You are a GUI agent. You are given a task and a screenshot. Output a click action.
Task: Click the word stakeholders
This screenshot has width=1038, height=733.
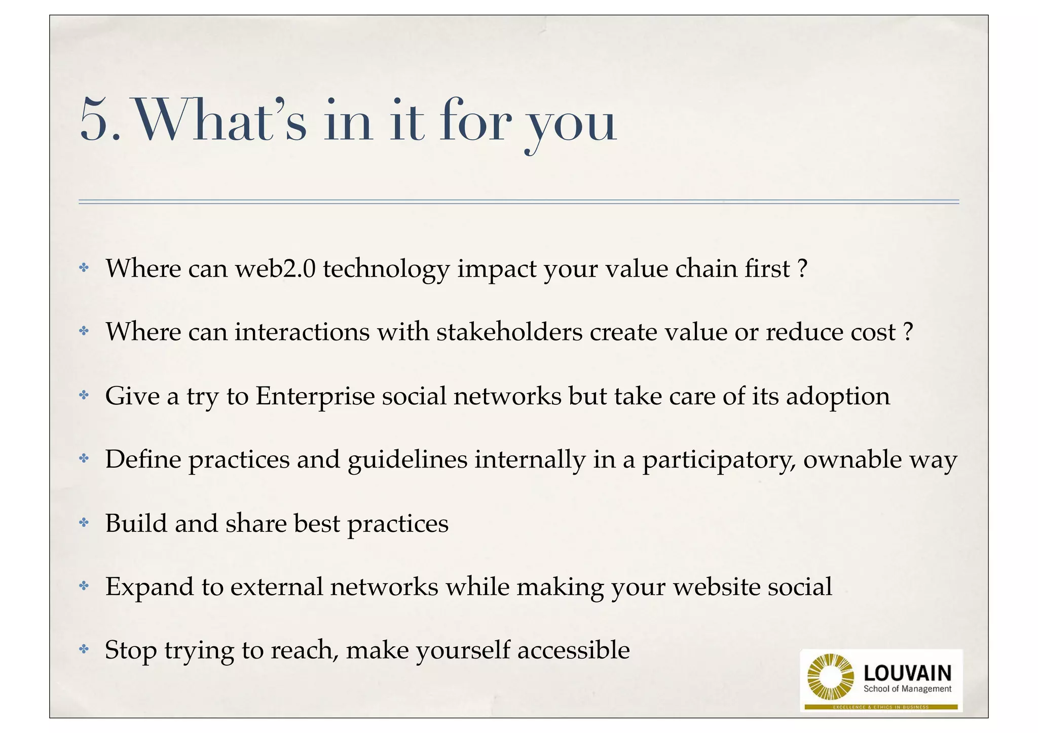pos(509,332)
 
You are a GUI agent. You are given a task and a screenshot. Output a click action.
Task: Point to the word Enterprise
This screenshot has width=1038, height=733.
pos(315,396)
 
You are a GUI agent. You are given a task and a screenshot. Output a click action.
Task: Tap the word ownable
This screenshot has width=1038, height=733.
pos(851,459)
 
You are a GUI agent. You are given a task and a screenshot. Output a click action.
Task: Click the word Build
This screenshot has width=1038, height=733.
pos(136,523)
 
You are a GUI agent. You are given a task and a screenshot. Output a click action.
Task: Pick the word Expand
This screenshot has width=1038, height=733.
pos(149,588)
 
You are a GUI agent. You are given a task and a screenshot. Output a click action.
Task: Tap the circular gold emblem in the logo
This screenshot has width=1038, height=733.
pos(830,677)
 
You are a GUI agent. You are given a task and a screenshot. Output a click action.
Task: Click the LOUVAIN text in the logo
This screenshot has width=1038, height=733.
pos(907,673)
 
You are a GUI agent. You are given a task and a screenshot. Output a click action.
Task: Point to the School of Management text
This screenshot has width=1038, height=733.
pos(907,689)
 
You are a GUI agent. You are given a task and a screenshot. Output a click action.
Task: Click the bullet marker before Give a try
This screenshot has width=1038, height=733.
pos(84,395)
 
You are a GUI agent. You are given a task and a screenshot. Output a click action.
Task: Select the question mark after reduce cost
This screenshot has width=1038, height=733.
pos(908,332)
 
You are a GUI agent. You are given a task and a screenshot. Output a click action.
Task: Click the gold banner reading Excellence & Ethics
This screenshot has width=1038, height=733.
pos(881,707)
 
